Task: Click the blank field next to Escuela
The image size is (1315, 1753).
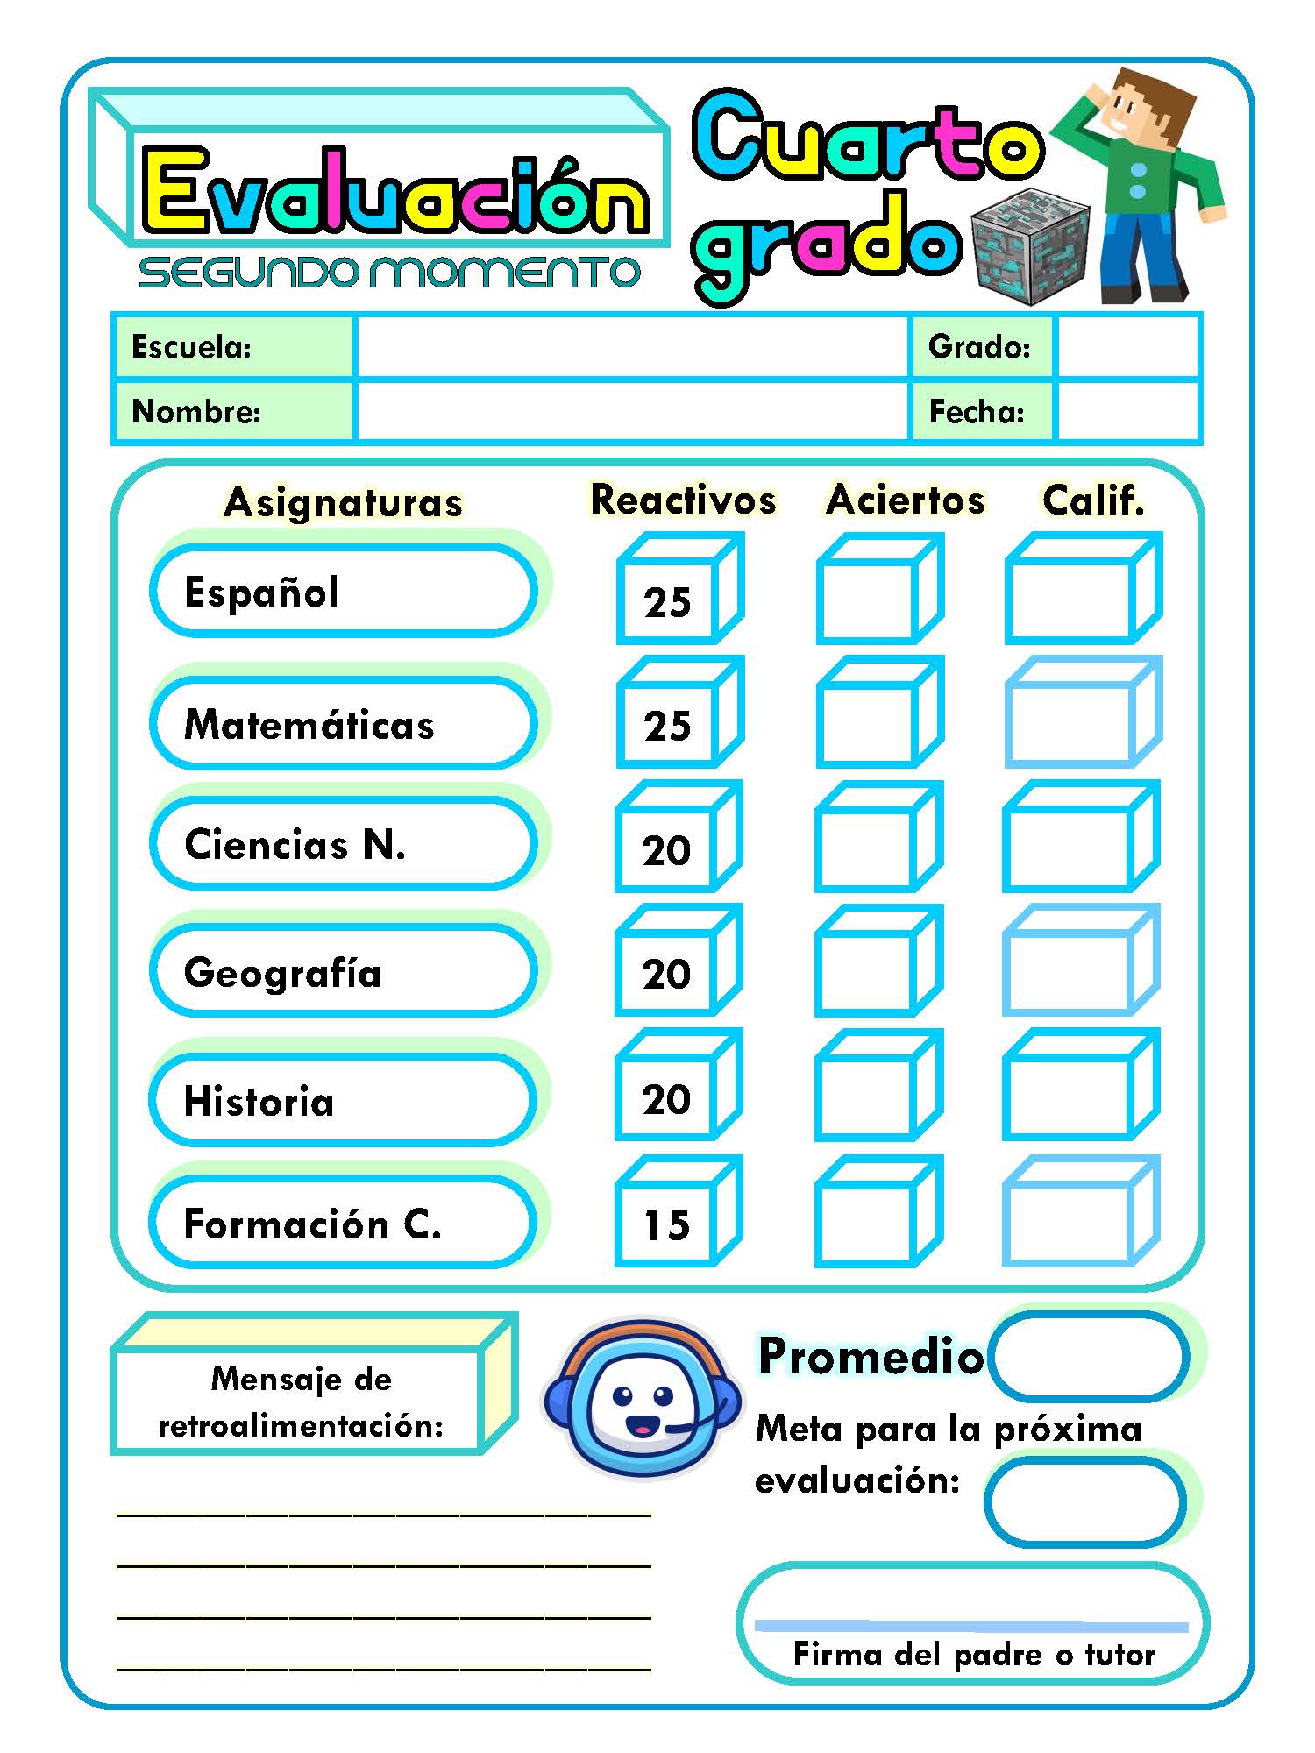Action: click(x=631, y=347)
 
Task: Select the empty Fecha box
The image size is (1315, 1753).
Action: click(x=1127, y=411)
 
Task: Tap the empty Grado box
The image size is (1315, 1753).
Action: click(x=1127, y=347)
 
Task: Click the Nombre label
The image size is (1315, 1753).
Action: click(x=196, y=411)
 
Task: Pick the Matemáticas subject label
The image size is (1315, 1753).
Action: click(x=309, y=725)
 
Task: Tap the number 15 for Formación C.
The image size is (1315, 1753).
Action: click(x=666, y=1224)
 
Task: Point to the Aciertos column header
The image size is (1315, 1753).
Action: click(x=906, y=500)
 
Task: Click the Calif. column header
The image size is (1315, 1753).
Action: click(x=1093, y=500)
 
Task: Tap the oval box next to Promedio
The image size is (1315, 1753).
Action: click(x=1090, y=1356)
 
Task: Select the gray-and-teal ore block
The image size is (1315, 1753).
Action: click(x=1031, y=247)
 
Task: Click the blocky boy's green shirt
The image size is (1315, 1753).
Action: click(x=1140, y=175)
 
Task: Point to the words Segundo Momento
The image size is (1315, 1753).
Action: click(x=389, y=273)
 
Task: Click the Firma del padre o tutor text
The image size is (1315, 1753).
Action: click(x=973, y=1654)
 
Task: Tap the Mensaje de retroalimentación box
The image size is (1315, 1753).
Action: click(x=300, y=1402)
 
